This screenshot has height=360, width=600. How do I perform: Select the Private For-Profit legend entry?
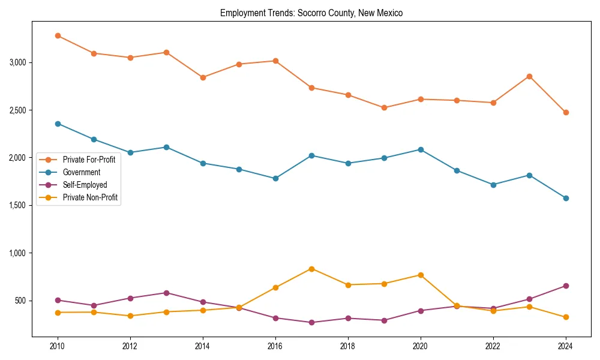point(88,160)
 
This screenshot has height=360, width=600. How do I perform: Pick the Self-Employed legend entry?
point(84,185)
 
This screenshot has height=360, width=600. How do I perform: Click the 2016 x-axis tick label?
point(275,346)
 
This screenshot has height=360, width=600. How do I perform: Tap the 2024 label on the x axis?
point(565,346)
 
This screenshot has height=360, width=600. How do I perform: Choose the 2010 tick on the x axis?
point(58,346)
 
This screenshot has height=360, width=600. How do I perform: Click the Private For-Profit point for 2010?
point(58,35)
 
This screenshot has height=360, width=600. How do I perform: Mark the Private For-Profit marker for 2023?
point(529,76)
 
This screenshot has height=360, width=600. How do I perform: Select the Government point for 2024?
point(565,198)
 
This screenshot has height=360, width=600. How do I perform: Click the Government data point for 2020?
point(420,149)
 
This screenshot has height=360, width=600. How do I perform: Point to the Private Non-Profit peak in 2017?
point(311,269)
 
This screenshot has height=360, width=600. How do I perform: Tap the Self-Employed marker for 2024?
point(565,286)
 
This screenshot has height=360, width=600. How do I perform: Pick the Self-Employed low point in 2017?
point(311,322)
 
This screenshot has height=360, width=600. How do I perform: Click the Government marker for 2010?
point(58,124)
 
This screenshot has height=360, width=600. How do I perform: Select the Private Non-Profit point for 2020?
point(420,275)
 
